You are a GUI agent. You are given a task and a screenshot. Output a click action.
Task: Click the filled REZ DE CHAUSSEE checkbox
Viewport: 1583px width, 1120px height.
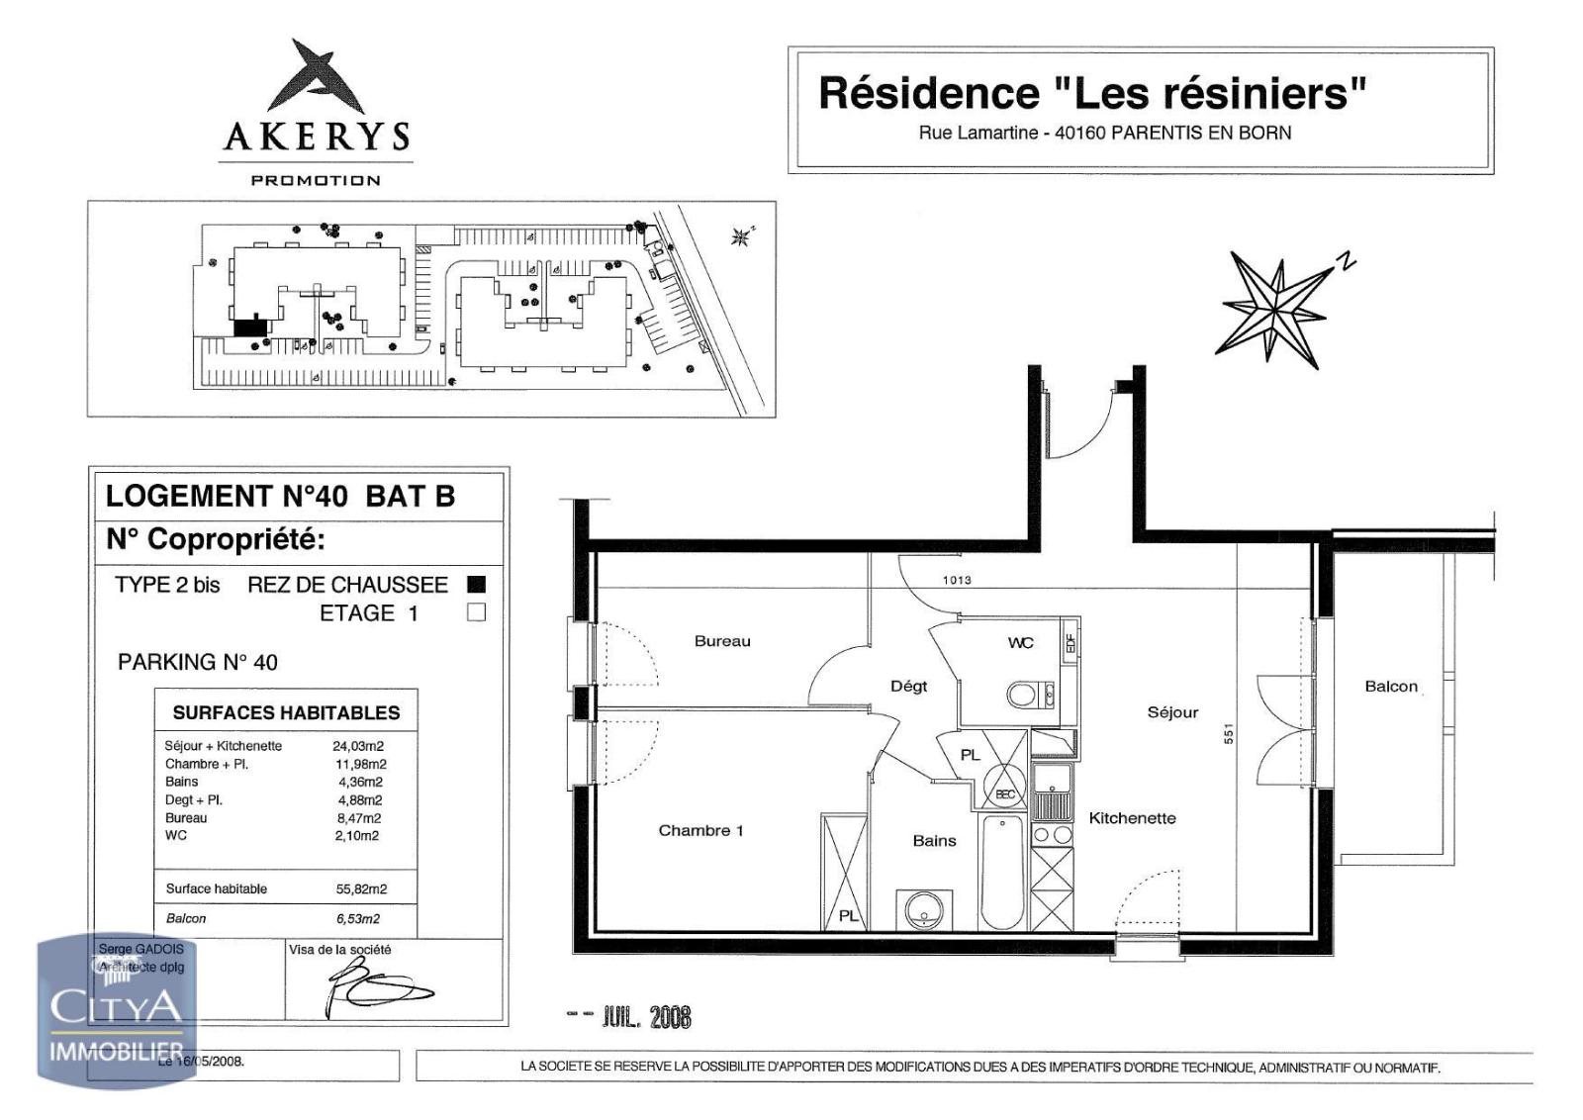[476, 584]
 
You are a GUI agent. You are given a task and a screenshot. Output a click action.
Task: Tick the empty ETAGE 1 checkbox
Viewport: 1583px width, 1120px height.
[476, 612]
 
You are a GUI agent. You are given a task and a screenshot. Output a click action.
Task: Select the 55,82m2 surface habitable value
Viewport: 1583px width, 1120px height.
[361, 888]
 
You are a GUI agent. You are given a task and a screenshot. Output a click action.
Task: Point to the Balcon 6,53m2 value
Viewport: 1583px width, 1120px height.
[357, 918]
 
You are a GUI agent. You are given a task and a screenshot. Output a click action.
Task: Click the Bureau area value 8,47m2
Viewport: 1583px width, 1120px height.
[357, 818]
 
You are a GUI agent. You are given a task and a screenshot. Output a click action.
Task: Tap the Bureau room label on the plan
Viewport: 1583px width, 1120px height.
[722, 641]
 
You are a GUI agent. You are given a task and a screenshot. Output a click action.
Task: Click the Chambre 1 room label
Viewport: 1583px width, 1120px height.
[700, 830]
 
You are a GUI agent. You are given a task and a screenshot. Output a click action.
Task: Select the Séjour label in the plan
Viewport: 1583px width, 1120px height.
[1172, 712]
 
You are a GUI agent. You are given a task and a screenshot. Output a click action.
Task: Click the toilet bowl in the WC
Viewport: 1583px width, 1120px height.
[1023, 695]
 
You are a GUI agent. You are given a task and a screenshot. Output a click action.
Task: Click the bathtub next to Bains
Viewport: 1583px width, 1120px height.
[1003, 871]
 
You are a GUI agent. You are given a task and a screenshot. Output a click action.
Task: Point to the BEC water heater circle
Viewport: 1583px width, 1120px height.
[1005, 792]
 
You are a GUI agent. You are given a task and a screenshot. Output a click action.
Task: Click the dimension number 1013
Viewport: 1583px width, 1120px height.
[957, 581]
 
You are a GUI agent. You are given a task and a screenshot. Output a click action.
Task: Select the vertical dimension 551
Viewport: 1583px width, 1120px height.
[1229, 733]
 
